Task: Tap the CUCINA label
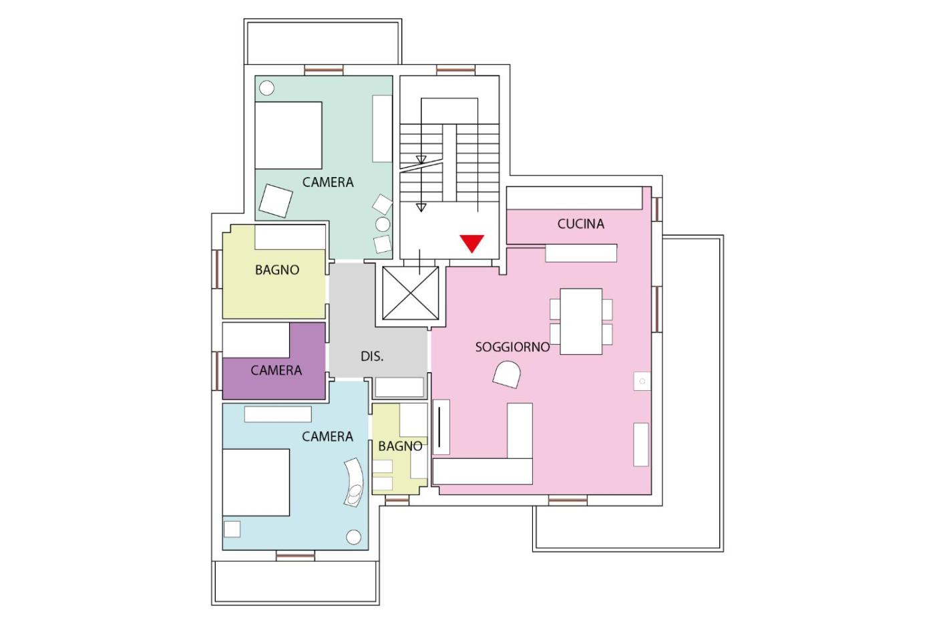click(x=580, y=224)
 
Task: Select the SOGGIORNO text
click(x=512, y=347)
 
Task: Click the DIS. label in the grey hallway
click(x=372, y=356)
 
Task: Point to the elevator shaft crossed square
click(x=410, y=293)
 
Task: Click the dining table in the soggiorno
click(x=581, y=321)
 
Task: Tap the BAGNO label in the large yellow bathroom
click(x=277, y=270)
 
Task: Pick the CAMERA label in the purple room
click(x=276, y=370)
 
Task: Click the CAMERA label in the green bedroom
click(x=328, y=182)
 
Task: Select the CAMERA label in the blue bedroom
click(x=327, y=436)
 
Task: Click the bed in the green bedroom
click(x=289, y=136)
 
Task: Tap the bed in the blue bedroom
click(x=256, y=482)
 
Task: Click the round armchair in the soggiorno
click(x=507, y=375)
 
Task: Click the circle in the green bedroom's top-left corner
click(x=266, y=88)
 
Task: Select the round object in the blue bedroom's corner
click(x=353, y=536)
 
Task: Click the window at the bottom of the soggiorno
click(x=568, y=500)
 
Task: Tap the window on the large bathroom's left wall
click(x=217, y=269)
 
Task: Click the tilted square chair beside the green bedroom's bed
click(x=275, y=201)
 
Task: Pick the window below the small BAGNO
click(x=397, y=500)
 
